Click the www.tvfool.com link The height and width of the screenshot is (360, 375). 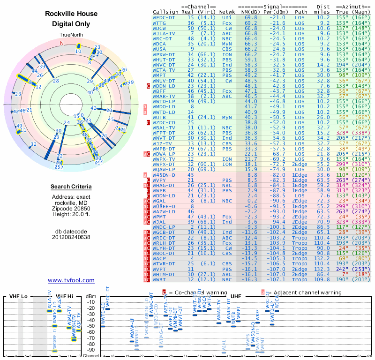click(71, 280)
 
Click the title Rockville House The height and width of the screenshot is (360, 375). click(71, 14)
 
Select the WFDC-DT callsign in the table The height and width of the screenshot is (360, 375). click(164, 17)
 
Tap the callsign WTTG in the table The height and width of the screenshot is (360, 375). click(159, 22)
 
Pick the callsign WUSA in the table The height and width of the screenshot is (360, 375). click(159, 48)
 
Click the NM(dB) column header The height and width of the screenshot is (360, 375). click(250, 11)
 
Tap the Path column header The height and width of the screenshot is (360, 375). click(301, 11)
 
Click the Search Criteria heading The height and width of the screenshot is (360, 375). click(71, 187)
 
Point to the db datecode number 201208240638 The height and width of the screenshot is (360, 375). click(71, 237)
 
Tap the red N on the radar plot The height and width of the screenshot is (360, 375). click(61, 43)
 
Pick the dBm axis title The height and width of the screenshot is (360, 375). click(91, 296)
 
